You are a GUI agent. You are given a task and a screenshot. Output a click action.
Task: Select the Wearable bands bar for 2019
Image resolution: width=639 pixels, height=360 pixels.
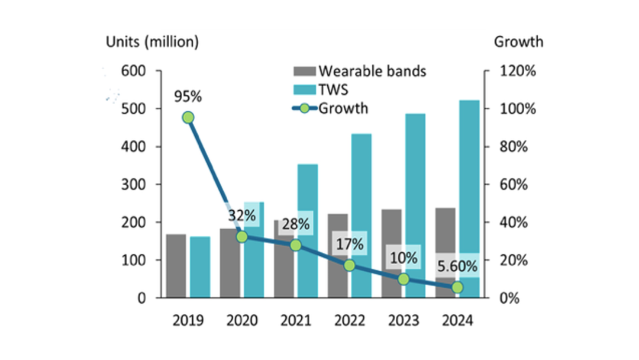176,266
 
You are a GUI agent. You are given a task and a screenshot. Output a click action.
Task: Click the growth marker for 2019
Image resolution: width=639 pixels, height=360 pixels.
188,117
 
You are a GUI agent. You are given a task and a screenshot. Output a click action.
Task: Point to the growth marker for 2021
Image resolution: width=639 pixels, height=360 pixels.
296,245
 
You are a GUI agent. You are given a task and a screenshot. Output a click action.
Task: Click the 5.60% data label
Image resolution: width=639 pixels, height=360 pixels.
457,266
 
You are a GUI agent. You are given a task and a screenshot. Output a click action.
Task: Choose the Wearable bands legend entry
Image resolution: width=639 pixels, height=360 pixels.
360,72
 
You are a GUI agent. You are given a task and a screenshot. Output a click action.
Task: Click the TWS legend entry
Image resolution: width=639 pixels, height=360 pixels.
331,89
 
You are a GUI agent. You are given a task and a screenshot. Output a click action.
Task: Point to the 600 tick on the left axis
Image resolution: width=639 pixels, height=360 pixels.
133,71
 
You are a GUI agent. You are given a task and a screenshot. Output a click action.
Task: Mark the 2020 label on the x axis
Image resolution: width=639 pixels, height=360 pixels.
242,321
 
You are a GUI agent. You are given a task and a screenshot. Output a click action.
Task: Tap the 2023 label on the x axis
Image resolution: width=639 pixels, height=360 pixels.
404,321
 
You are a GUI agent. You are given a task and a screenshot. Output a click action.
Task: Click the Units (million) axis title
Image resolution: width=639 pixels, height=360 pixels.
152,42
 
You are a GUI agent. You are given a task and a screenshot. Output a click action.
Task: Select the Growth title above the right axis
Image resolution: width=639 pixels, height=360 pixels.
518,42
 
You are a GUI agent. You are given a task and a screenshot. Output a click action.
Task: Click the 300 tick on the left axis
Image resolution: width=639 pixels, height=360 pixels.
133,185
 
